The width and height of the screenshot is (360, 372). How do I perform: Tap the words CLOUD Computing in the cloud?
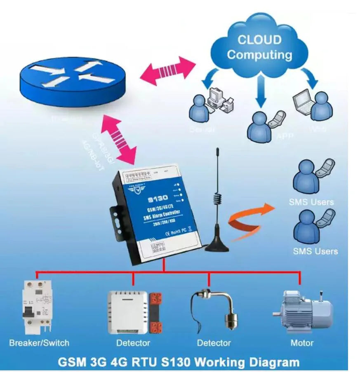point(259,47)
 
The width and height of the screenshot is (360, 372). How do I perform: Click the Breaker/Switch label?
point(39,343)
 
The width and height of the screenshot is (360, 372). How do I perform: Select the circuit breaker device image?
point(37,306)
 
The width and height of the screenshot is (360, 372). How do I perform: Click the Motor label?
point(302,343)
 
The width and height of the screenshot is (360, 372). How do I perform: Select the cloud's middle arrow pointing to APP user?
point(260,92)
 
